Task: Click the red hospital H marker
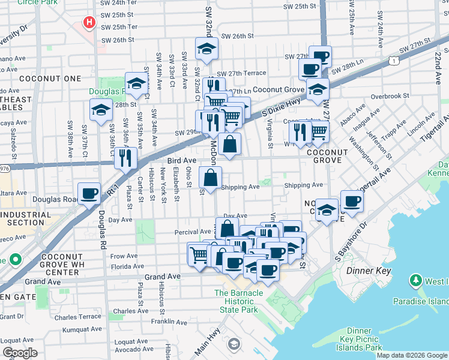(89, 23)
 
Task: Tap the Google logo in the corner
(20, 353)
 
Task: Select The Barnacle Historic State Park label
(239, 301)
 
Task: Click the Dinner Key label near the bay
(369, 271)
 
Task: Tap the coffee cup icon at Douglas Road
(89, 194)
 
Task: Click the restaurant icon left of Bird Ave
(125, 158)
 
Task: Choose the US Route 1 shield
(392, 60)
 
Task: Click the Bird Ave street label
(182, 161)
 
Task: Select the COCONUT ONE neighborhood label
(41, 79)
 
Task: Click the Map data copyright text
(411, 355)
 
